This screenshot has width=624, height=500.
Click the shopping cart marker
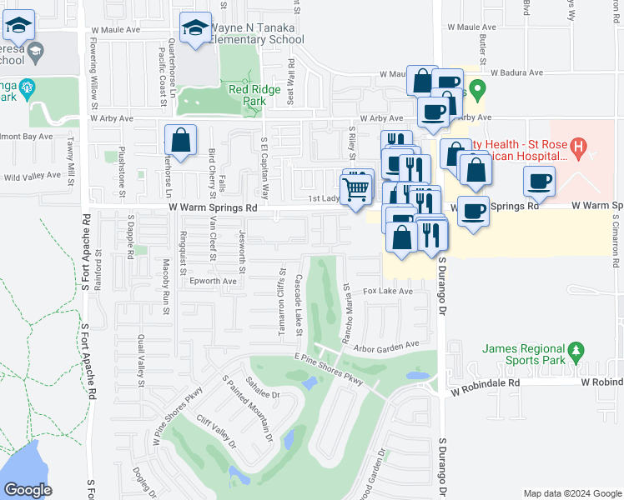357,189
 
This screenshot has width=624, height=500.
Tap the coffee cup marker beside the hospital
539,182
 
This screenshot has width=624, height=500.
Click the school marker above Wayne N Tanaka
195,31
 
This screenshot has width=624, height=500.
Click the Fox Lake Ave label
388,292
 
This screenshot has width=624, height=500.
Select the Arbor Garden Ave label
385,345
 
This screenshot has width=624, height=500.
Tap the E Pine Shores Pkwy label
329,368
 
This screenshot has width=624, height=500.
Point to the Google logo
28,490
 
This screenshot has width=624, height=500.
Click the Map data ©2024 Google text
571,493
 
